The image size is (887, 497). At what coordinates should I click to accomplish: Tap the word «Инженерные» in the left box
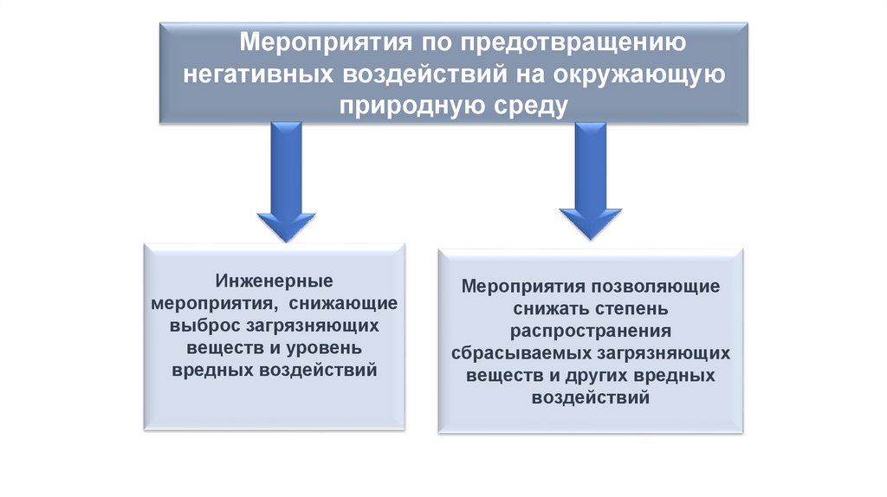273,283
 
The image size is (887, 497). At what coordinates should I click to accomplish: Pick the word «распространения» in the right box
591,332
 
